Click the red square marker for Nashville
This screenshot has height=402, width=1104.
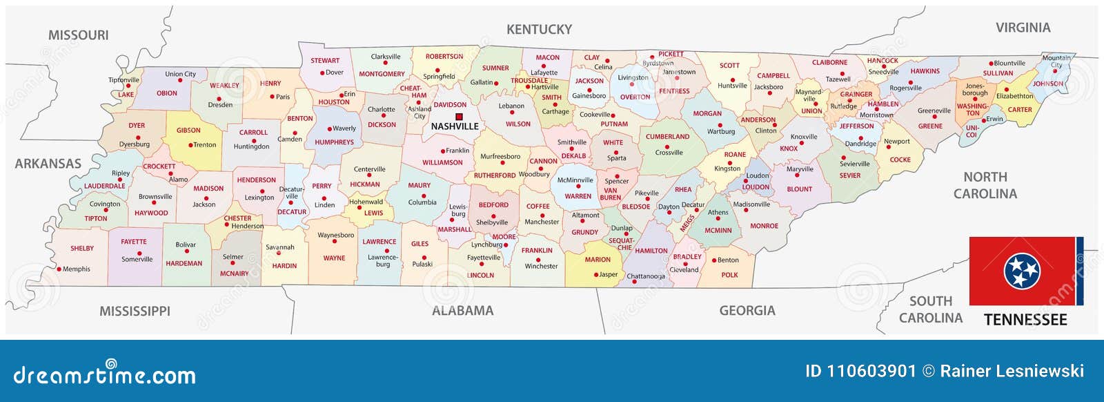[x=459, y=117]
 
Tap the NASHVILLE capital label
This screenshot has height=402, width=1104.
[x=454, y=126]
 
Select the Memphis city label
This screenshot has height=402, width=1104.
[x=76, y=269]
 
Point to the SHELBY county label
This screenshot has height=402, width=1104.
[x=82, y=249]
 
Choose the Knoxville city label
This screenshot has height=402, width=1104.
[x=804, y=137]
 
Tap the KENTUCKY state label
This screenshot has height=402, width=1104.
[x=539, y=29]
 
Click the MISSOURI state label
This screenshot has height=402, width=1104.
[x=78, y=35]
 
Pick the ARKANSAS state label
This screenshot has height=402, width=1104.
[x=48, y=164]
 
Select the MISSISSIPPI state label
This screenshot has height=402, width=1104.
[x=135, y=311]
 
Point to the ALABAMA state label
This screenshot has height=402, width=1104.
[x=462, y=311]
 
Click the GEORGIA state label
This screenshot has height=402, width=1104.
[x=747, y=311]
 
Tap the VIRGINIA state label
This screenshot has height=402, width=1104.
[x=1023, y=28]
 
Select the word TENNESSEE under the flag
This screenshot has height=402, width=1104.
[x=1025, y=320]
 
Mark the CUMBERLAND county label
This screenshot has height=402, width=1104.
[x=667, y=137]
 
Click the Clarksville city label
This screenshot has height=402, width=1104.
[x=385, y=57]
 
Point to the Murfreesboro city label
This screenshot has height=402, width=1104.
[x=500, y=157]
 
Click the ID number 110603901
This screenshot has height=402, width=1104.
[x=871, y=372]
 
